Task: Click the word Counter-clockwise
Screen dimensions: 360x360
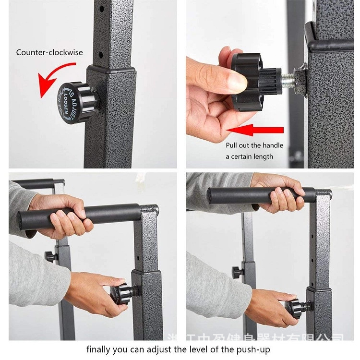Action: pos(49,52)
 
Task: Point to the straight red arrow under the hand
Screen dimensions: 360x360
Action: pos(254,130)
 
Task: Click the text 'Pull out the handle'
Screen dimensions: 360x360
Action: pos(254,145)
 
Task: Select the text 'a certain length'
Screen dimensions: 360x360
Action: pos(249,156)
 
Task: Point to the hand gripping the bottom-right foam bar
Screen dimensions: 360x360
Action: pos(281,194)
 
